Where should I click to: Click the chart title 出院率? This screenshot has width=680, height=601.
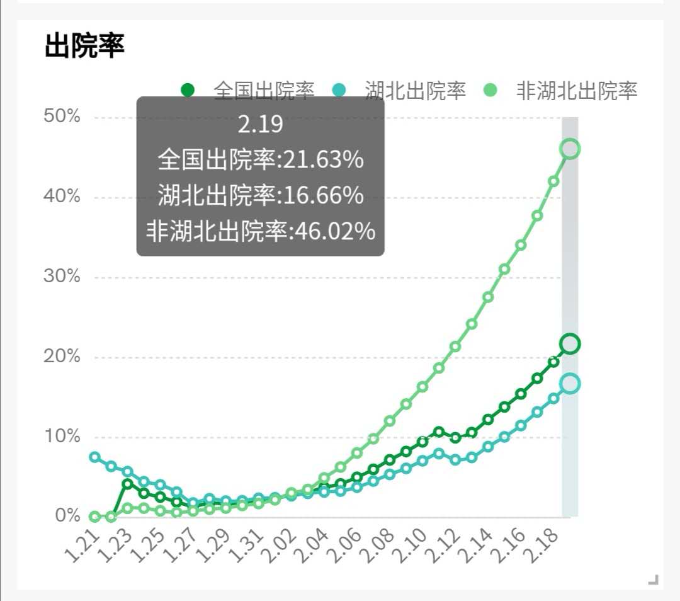(84, 46)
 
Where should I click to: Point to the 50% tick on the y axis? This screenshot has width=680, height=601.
(62, 117)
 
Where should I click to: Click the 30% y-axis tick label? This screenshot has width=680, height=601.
(62, 277)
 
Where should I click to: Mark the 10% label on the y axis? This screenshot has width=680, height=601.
(62, 437)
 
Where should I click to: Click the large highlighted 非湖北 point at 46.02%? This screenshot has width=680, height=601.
(570, 149)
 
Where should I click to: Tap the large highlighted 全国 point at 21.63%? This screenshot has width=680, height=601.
(570, 344)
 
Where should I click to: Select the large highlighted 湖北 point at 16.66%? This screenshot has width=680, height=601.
(570, 384)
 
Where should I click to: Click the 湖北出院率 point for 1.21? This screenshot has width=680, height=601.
(95, 457)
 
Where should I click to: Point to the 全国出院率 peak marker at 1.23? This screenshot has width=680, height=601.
(128, 484)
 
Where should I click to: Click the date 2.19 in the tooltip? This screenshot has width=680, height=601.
(260, 125)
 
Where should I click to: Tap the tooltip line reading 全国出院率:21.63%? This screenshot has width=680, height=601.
(260, 160)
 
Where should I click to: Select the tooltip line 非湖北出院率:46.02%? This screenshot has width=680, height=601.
(260, 231)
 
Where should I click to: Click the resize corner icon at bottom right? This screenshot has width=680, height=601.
(654, 580)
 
